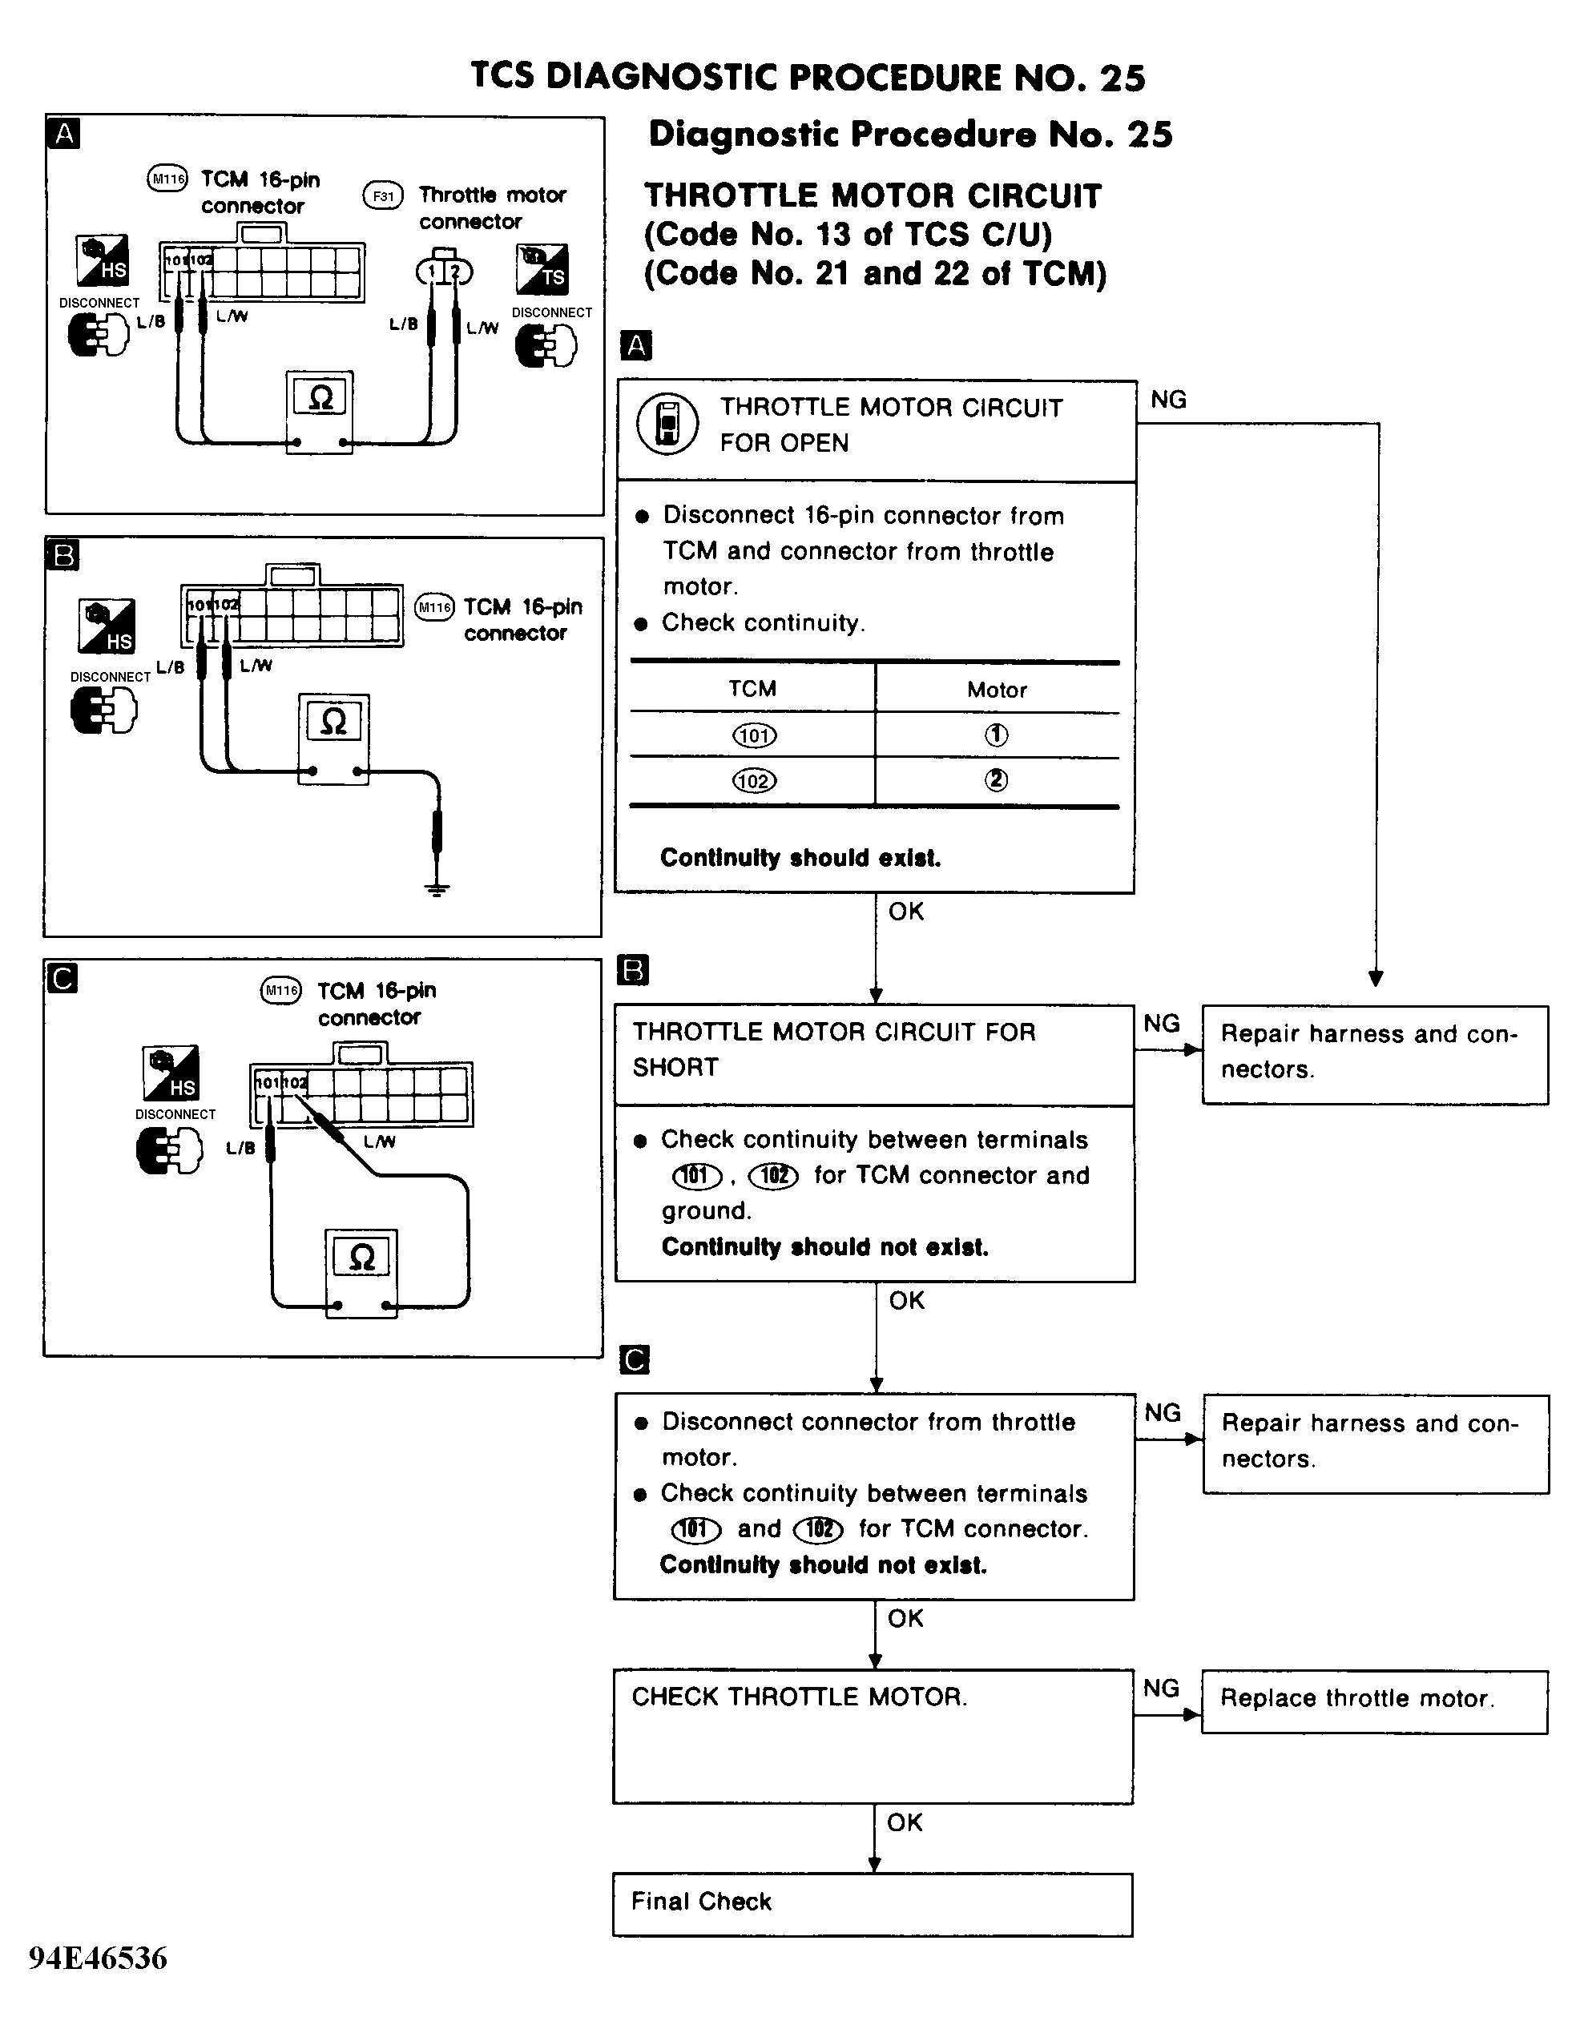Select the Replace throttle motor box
click(1373, 1701)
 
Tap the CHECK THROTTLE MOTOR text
click(800, 1697)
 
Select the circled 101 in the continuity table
click(754, 736)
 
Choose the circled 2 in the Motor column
click(997, 780)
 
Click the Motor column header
click(997, 690)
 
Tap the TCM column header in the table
click(752, 688)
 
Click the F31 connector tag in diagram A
click(383, 196)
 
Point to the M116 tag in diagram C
click(280, 990)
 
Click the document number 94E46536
click(98, 1959)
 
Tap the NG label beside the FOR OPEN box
click(1168, 400)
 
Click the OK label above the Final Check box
click(905, 1823)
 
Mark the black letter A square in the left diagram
click(63, 134)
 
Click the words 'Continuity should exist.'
click(800, 857)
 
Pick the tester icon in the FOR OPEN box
click(667, 424)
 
